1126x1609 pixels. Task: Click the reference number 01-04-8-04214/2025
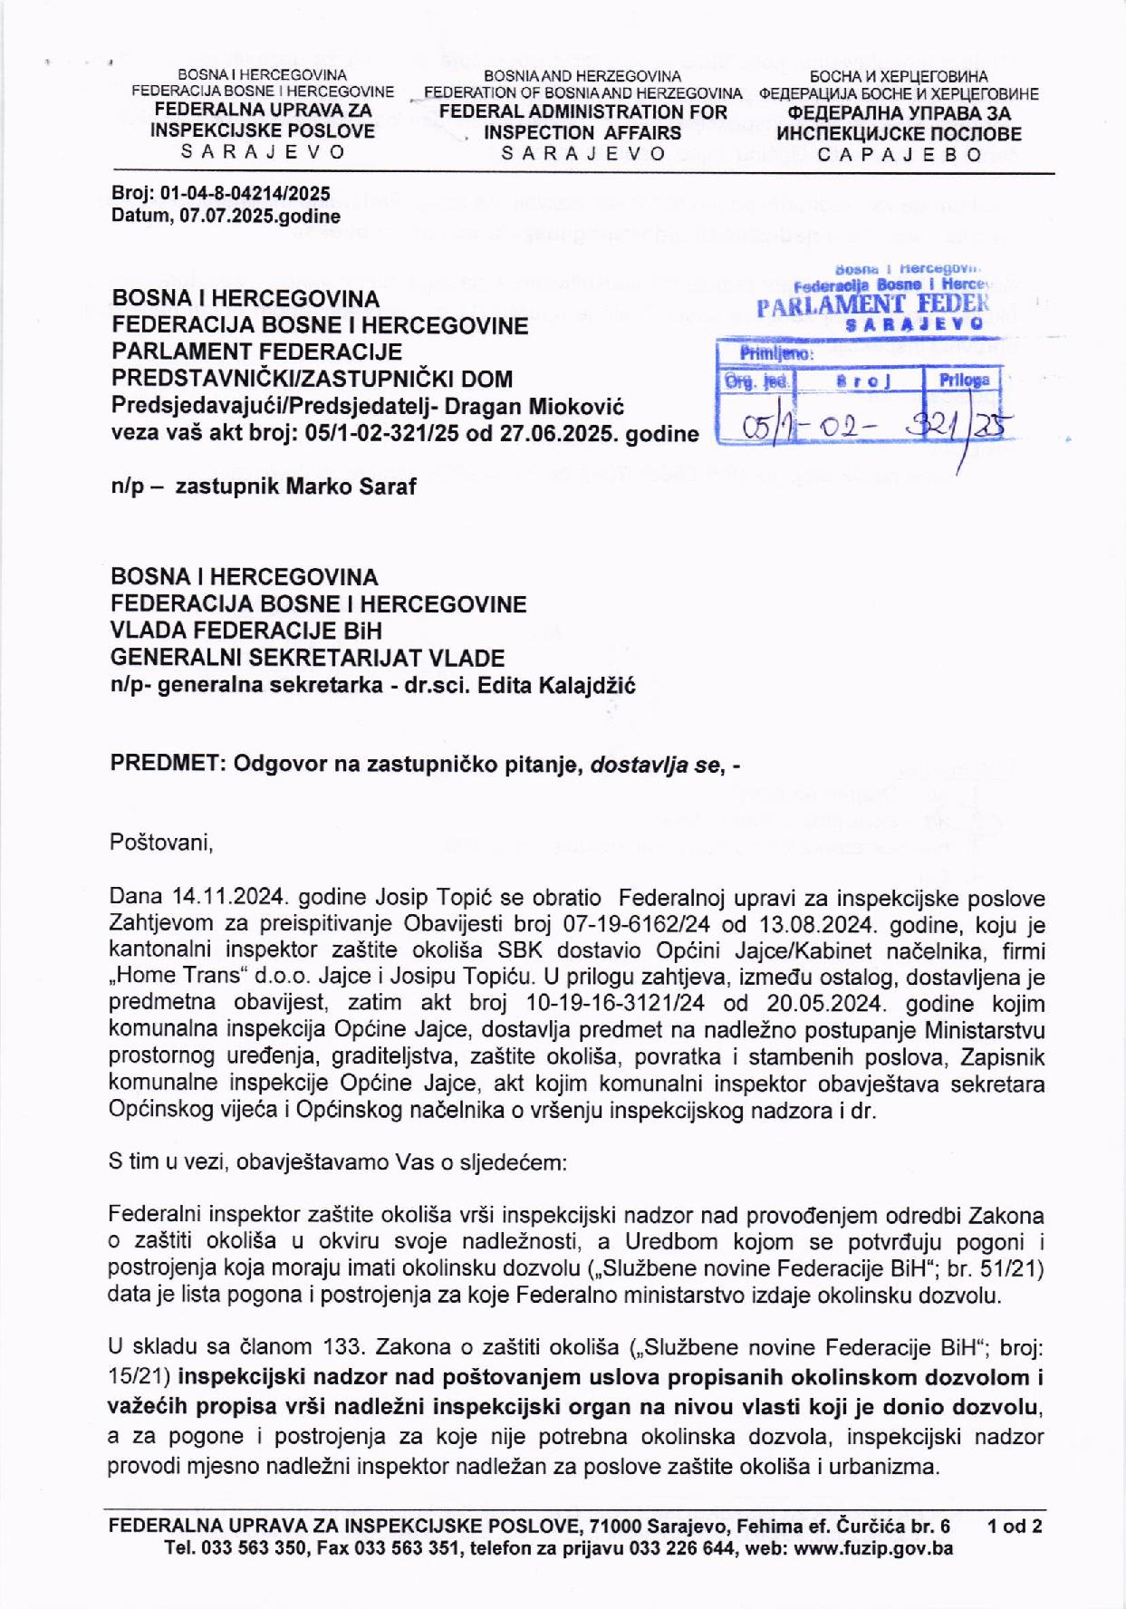coord(245,194)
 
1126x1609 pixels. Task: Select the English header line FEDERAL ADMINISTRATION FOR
coord(582,112)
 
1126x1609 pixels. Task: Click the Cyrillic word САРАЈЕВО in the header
coord(899,154)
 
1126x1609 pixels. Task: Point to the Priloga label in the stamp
coord(964,380)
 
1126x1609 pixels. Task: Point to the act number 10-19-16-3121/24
coord(615,1005)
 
